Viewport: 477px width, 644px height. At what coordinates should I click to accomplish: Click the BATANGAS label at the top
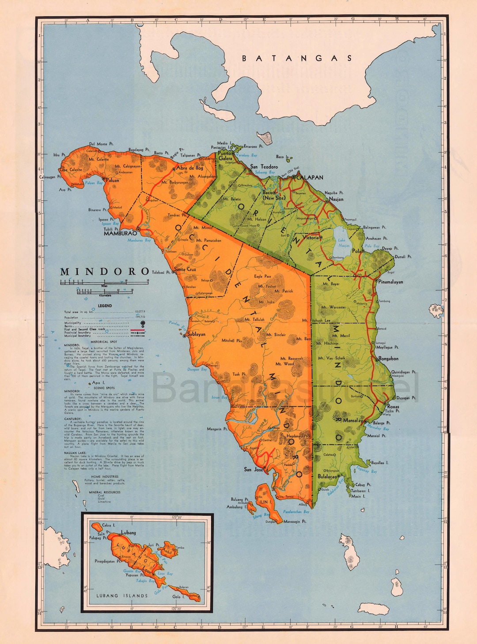point(297,58)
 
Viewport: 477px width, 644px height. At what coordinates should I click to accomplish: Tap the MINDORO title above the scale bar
point(105,272)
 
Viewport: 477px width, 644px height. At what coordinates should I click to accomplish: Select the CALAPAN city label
point(310,177)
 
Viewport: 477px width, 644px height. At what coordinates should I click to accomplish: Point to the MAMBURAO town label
point(120,233)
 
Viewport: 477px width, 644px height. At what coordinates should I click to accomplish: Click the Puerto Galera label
point(225,156)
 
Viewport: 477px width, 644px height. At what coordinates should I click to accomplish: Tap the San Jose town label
point(254,469)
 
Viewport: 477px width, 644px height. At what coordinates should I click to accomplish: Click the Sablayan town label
point(196,334)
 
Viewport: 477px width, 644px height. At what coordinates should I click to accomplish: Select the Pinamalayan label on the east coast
point(391,281)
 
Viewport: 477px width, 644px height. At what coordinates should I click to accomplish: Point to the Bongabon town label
point(388,359)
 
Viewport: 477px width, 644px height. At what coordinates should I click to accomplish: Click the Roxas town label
point(393,407)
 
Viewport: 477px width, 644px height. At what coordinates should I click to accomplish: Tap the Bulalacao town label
point(327,476)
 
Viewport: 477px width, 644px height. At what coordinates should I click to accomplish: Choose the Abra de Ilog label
point(190,168)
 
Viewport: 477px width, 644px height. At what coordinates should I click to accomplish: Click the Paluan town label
point(112,180)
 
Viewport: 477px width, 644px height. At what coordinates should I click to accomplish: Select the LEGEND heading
point(105,306)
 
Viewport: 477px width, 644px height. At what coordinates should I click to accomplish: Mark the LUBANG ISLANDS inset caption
point(122,595)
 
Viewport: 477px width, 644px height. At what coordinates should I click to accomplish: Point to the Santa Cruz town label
point(185,269)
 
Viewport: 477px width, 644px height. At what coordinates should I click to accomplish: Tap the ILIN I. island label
point(265,502)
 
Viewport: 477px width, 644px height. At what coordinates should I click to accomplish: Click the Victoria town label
point(312,237)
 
